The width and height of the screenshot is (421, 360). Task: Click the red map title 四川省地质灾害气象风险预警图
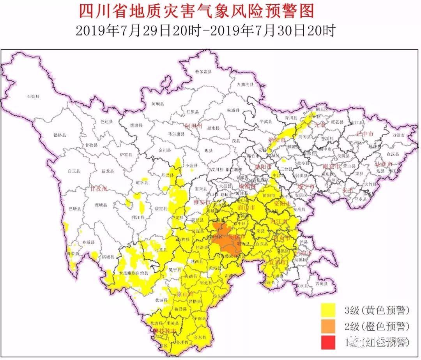[196, 11]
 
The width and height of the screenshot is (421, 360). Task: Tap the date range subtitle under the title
[205, 31]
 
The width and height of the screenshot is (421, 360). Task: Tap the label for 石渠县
[33, 96]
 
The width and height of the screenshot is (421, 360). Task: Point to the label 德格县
[60, 135]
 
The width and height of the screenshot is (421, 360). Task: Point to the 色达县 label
[106, 122]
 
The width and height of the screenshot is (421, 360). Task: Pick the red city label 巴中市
[365, 134]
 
